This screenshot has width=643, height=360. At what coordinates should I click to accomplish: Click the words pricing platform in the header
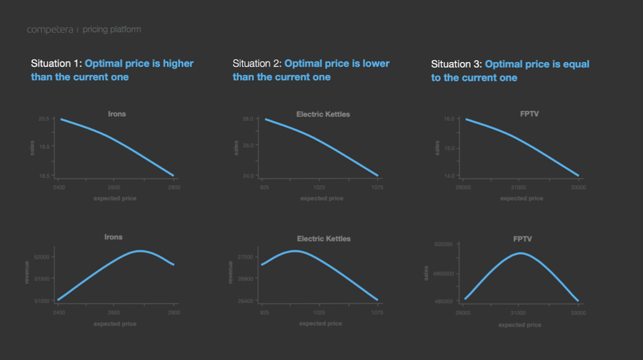point(112,30)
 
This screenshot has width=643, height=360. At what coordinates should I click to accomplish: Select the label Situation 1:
point(57,64)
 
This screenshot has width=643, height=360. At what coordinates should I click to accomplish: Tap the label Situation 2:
point(257,64)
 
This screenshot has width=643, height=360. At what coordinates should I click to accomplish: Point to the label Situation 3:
point(456,64)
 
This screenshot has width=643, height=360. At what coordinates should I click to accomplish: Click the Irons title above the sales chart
point(117,114)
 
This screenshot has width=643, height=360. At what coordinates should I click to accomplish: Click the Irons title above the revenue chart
point(113,237)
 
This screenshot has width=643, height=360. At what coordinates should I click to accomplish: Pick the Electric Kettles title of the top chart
point(323,114)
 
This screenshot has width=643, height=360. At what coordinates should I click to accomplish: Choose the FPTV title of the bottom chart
point(522,239)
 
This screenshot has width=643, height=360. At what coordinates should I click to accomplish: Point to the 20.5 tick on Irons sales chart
point(44,119)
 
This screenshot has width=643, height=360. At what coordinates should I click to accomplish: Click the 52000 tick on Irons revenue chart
point(42,257)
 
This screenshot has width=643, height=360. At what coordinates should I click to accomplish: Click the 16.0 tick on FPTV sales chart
point(449,119)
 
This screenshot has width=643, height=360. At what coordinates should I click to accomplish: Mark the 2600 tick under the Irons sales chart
point(114,188)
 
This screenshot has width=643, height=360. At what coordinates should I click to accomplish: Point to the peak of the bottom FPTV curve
point(521,253)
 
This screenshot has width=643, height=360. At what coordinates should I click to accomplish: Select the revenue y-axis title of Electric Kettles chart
point(231,272)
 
